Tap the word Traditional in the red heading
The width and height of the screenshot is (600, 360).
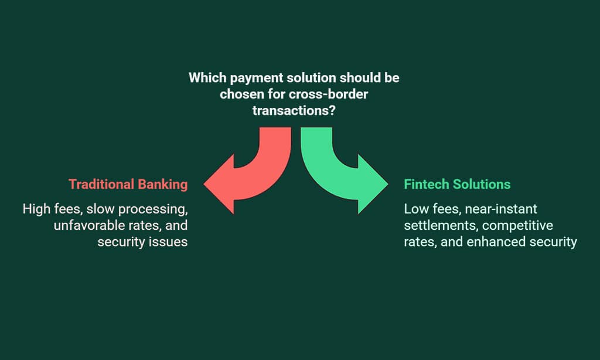point(101,184)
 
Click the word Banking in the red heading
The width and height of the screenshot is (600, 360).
point(163,185)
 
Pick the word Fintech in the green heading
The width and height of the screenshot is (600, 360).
point(427,184)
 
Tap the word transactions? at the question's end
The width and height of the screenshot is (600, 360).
point(294,111)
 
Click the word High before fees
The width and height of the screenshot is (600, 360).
point(36,209)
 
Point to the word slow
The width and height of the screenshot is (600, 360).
point(100,209)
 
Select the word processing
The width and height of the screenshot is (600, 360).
point(153,210)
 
